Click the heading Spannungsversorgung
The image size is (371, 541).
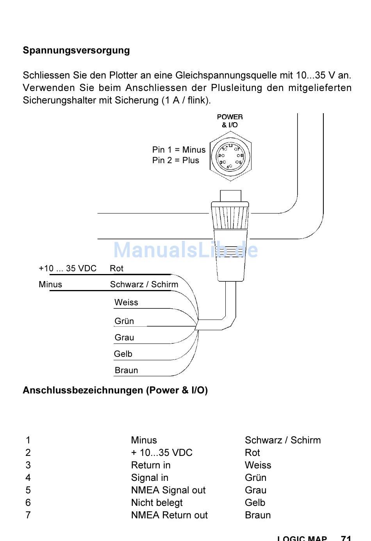76,50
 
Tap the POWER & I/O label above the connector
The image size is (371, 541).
230,121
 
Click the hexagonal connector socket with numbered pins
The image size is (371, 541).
230,156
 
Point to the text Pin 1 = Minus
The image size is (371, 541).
178,150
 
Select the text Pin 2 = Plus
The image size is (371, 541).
175,160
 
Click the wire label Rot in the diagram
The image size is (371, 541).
116,269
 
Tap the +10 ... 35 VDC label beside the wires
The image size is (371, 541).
67,269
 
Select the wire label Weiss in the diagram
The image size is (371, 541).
126,303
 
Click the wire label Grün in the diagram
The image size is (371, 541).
124,321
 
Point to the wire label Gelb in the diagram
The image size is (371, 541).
123,354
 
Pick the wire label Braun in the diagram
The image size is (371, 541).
126,370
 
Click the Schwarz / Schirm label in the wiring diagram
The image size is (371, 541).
144,285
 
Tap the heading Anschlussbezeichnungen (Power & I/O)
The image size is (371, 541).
115,390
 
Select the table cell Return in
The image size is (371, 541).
151,465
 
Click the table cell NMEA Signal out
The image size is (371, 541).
168,490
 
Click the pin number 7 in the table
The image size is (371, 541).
28,515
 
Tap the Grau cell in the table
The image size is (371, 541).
255,490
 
